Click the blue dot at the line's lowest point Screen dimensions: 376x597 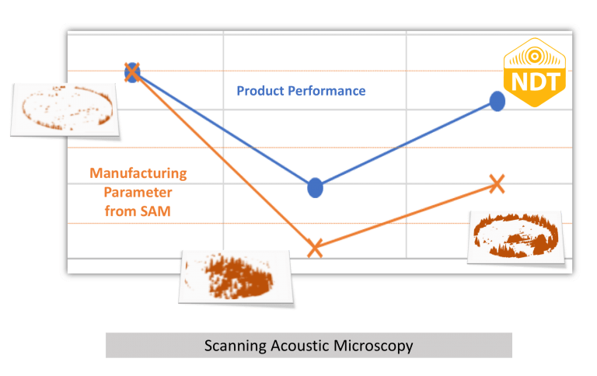point(315,187)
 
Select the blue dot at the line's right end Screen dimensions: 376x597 point(497,101)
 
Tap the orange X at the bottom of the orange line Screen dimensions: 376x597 point(315,248)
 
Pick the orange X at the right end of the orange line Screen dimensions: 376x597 point(497,183)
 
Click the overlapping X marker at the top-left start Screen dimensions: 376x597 point(132,72)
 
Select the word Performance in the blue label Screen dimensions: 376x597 point(328,91)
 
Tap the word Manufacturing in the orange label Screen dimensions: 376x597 point(138,173)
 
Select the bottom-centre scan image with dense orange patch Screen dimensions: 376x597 point(237,277)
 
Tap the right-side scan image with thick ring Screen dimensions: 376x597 point(515,235)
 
